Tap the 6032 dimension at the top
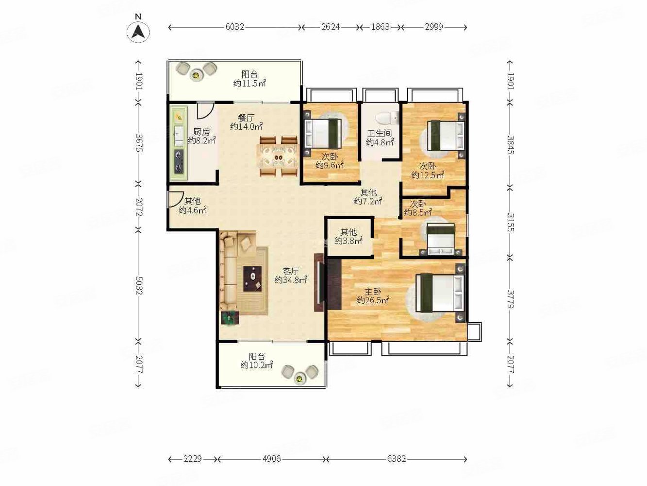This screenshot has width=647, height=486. [235, 27]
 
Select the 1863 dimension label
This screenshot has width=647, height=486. [380, 27]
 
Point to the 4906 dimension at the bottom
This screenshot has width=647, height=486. [271, 459]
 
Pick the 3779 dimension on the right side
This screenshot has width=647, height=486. [511, 299]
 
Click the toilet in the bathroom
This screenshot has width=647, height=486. [387, 118]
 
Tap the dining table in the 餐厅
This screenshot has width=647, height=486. [279, 156]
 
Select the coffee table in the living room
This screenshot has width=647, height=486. [252, 278]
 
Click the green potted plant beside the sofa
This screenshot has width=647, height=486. [230, 318]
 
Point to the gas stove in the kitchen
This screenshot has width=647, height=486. [179, 161]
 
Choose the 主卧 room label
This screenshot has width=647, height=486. [372, 292]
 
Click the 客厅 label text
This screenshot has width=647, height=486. [291, 271]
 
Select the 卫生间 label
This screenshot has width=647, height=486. [380, 134]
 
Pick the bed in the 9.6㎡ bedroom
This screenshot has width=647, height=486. [323, 133]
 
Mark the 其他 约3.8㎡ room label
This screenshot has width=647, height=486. [348, 237]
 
